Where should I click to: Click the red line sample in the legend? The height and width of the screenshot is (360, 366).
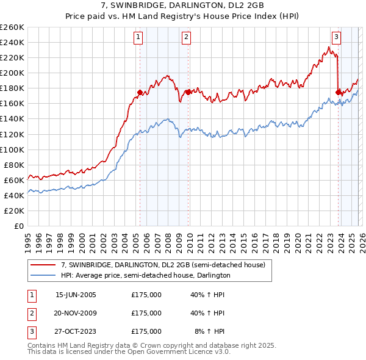(x=43, y=265)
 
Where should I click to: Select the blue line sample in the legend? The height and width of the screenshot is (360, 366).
(x=43, y=276)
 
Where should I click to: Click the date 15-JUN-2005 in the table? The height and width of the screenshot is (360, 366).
(x=76, y=295)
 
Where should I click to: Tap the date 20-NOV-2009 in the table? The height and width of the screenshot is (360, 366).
(x=76, y=313)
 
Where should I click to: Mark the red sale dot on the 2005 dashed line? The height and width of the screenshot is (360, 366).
(x=140, y=92)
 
